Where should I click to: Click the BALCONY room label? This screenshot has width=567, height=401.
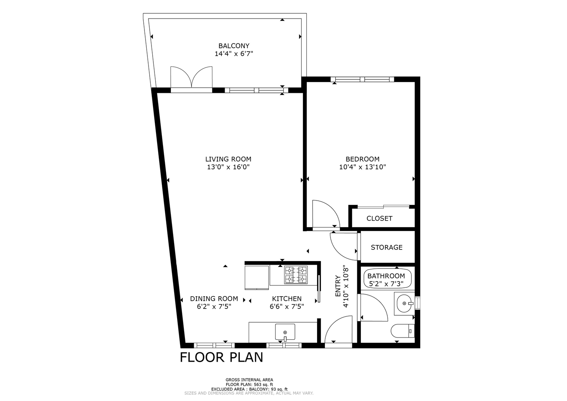coord(234,46)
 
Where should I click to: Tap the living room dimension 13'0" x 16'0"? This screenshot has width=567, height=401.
coord(228,167)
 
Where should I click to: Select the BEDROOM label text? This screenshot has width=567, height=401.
coord(362,159)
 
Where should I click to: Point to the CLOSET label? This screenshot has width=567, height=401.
coord(379,218)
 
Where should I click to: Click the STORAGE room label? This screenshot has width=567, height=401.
coord(387,247)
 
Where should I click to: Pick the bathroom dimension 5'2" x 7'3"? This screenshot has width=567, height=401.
coord(386,284)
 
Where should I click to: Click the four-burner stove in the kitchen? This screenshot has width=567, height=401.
coord(296,275)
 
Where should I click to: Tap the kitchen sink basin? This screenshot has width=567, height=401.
coord(285,332)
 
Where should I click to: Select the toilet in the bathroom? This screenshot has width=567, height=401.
coord(403,331)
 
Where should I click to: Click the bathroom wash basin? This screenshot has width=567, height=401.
coord(404,303)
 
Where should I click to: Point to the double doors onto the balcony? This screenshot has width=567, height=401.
coord(191,77)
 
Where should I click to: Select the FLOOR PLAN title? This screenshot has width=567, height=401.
coord(221,357)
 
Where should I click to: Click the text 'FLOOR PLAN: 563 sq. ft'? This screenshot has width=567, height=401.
coord(249,384)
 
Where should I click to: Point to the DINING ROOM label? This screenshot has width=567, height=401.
coord(214,299)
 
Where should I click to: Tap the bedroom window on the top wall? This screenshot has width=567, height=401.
coord(362,79)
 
